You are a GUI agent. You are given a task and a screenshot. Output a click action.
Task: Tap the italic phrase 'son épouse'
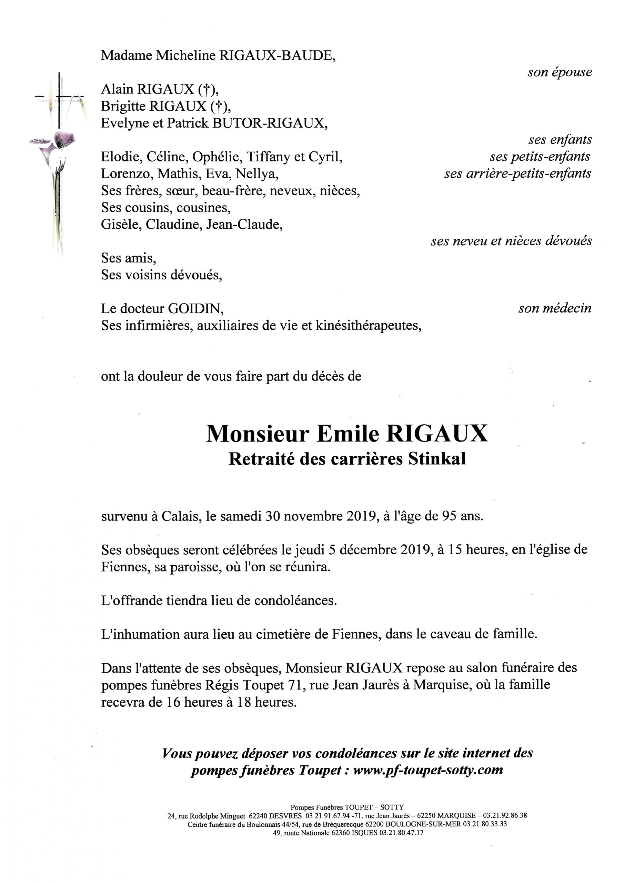tap(560, 72)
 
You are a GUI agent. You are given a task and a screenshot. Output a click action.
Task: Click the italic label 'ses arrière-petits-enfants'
tap(517, 174)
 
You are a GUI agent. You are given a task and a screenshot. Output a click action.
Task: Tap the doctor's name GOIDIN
tap(194, 308)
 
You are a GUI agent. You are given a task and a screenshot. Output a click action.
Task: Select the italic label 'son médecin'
tap(555, 308)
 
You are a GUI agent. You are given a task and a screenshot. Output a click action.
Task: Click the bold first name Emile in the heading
tap(347, 434)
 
